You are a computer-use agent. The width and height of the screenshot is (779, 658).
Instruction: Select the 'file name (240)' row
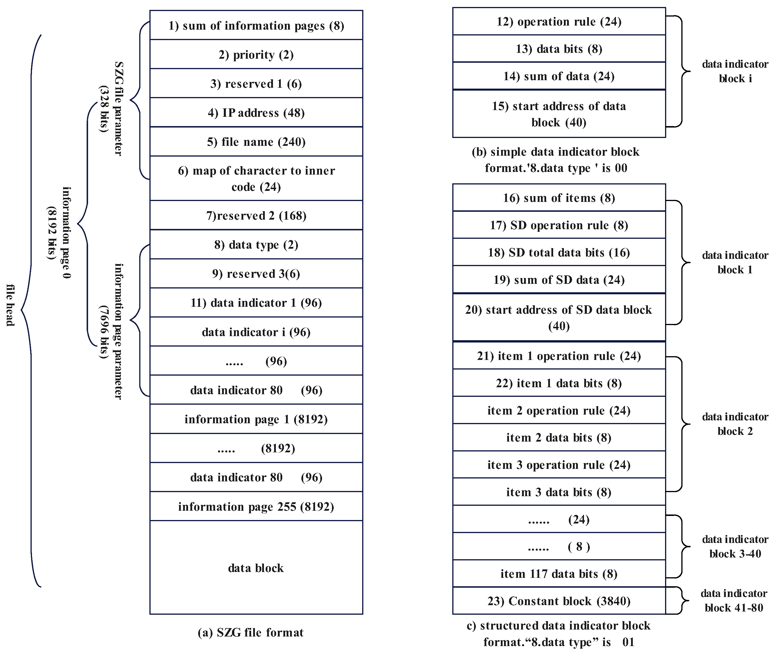(256, 141)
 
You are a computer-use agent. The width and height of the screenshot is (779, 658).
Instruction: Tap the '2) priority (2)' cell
(256, 54)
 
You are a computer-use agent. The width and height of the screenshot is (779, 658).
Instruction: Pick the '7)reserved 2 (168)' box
(256, 215)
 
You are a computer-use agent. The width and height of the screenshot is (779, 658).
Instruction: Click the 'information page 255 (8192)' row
(256, 506)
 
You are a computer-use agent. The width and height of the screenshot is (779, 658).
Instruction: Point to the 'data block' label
(256, 568)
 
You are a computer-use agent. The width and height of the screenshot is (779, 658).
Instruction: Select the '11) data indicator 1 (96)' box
(256, 302)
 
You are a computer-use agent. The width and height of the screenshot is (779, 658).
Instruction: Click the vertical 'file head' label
(10, 305)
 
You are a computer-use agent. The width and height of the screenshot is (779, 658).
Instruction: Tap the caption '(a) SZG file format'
(251, 632)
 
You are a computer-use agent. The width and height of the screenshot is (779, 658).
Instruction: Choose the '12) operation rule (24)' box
(559, 21)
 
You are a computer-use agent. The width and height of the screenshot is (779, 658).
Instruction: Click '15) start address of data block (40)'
(559, 114)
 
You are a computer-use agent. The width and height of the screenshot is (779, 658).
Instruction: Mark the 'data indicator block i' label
(735, 71)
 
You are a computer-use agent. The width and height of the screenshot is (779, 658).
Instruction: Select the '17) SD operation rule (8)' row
(559, 225)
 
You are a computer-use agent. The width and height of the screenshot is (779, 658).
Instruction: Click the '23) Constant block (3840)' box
(559, 601)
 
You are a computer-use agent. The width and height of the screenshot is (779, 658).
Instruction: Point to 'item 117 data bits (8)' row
(559, 573)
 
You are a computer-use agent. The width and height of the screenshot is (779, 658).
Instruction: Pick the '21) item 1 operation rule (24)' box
(559, 356)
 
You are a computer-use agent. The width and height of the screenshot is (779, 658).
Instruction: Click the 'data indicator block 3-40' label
(735, 546)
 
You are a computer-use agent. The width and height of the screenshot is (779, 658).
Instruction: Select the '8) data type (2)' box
(256, 244)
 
